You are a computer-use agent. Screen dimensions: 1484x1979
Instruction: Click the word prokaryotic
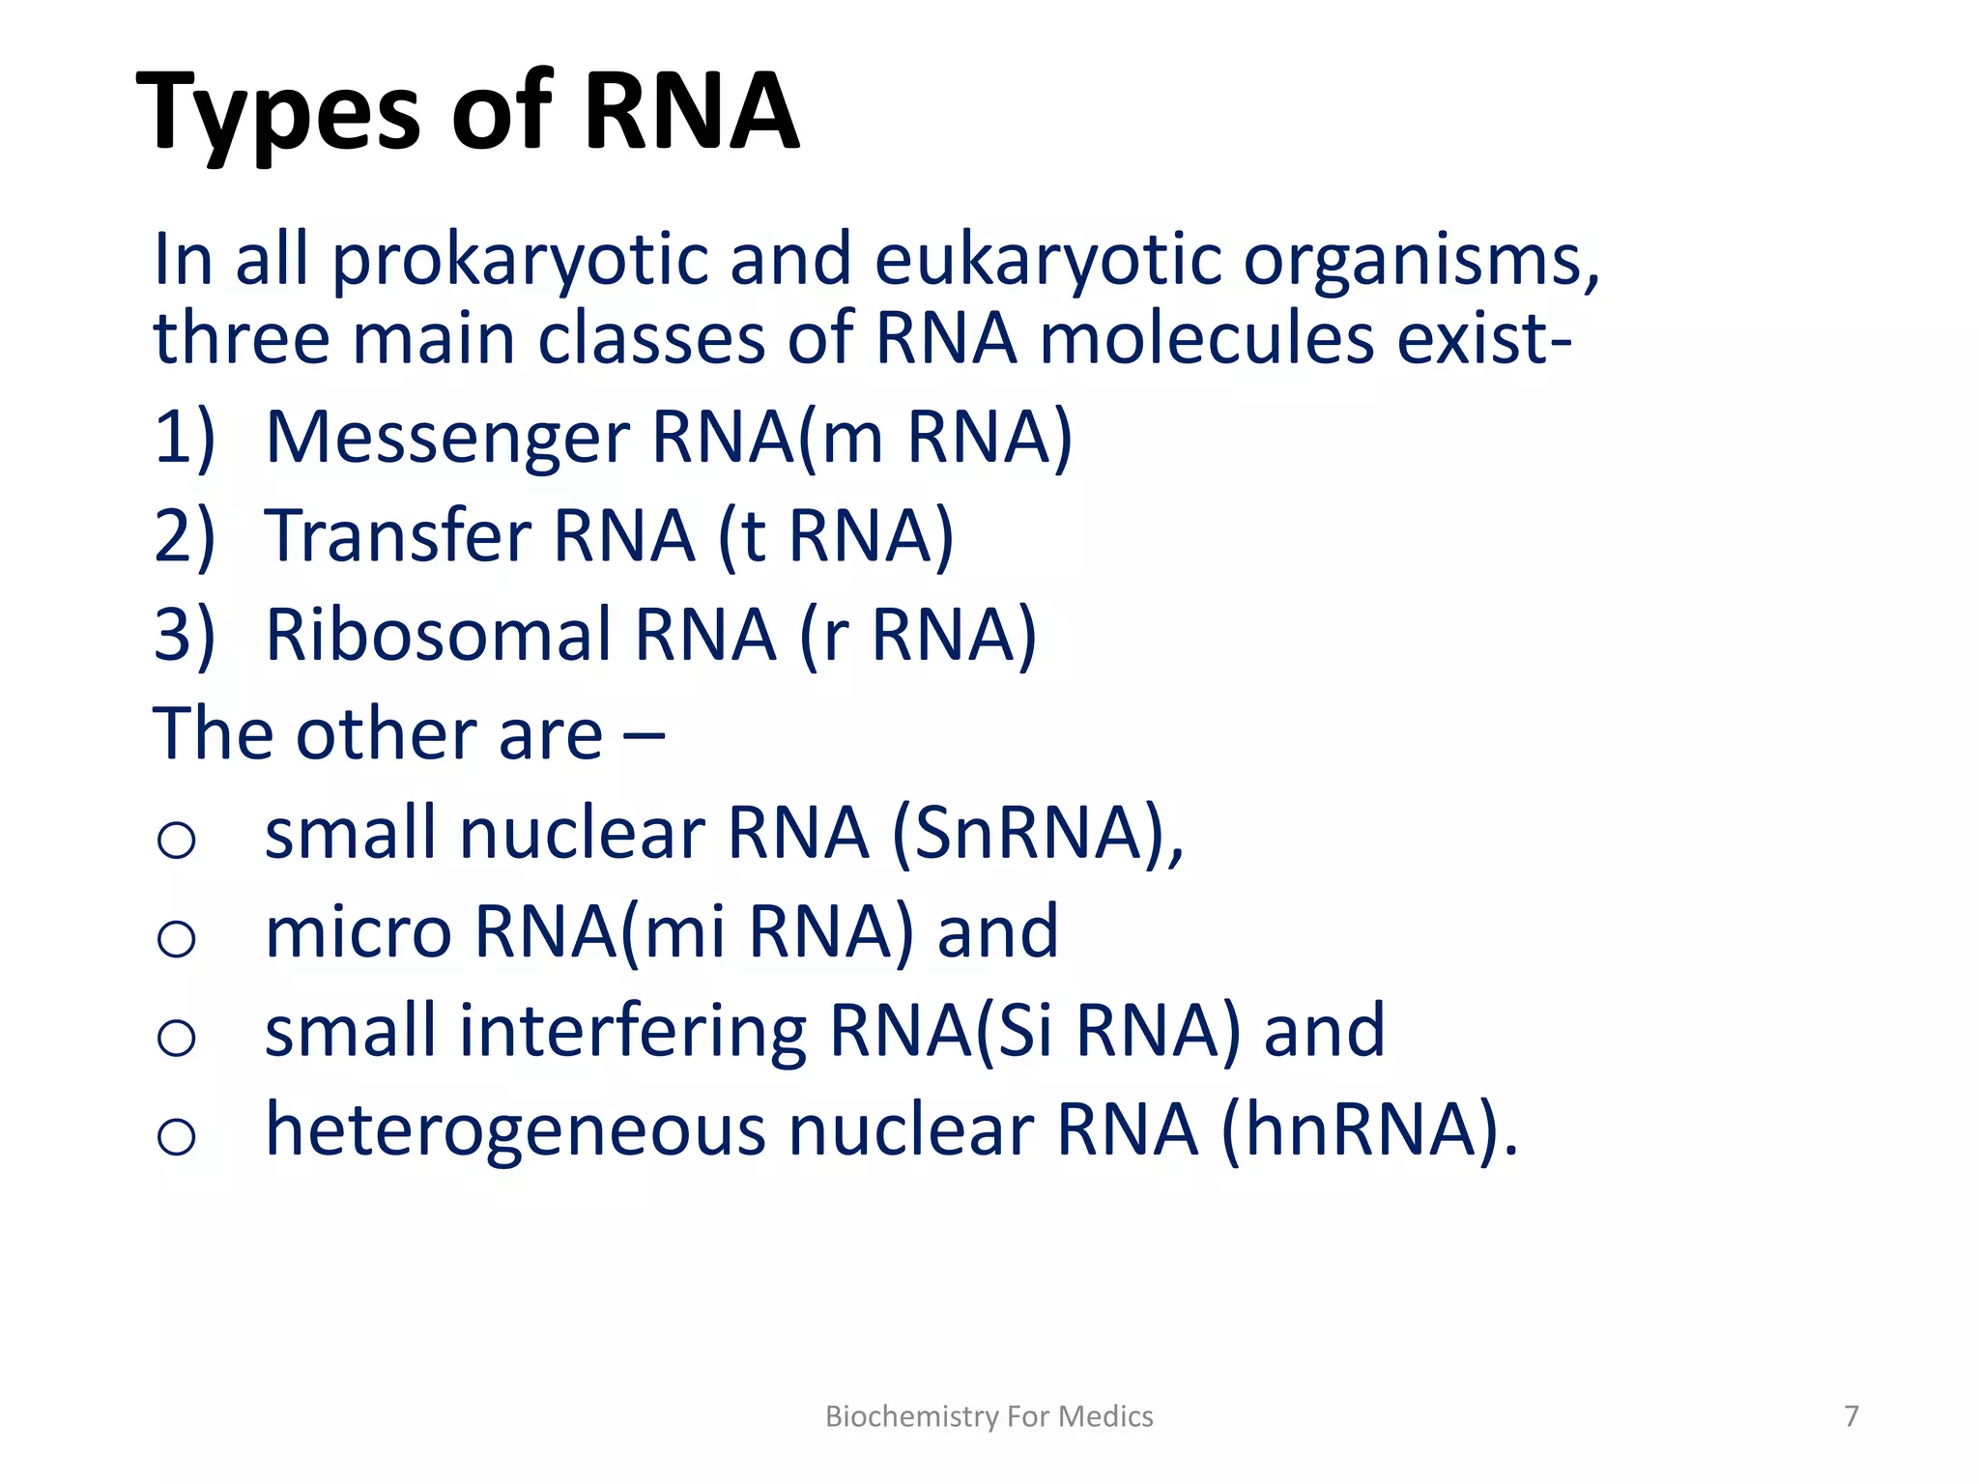coord(521,261)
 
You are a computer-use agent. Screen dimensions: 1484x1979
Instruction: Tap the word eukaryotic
coord(1047,261)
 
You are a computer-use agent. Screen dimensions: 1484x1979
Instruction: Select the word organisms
coord(1420,261)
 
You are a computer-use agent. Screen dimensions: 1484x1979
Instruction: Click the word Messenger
coord(447,438)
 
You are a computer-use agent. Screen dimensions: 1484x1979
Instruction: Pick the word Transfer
coord(397,536)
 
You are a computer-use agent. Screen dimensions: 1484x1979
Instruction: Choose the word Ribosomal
coord(439,636)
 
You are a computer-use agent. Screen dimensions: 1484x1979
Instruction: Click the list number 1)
coord(184,438)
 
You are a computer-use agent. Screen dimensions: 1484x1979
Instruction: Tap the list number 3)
coord(184,636)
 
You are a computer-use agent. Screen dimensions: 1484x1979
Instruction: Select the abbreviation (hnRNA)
coord(1367,1129)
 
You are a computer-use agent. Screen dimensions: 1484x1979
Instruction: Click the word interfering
coord(632,1031)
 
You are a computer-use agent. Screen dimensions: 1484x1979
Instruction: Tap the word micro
coord(358,932)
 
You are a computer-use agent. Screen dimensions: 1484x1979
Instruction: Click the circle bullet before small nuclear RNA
coord(176,839)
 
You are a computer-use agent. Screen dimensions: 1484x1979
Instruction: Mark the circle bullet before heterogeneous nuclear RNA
coord(176,1135)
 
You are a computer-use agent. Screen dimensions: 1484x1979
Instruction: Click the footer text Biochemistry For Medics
coord(989,1416)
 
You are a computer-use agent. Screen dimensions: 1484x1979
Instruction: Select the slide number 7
coord(1850,1416)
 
